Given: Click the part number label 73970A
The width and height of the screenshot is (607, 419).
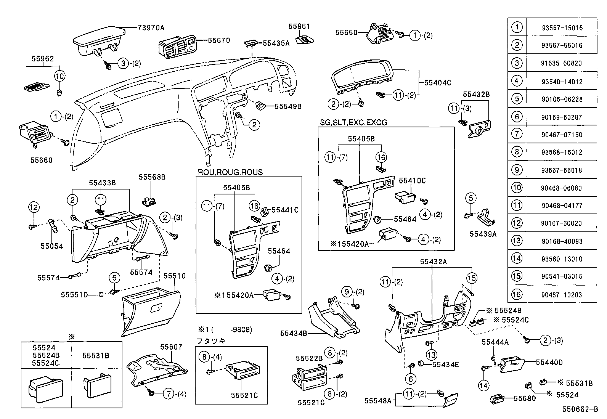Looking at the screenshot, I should [151, 27].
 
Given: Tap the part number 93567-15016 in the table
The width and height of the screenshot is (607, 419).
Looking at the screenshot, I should [562, 28].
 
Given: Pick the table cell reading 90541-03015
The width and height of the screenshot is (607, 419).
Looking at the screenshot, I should [562, 276].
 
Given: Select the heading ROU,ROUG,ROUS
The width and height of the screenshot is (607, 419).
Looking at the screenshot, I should [230, 172].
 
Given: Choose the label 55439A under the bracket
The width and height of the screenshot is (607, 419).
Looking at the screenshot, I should [483, 234].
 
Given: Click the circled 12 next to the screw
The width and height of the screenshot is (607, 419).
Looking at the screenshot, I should [34, 207].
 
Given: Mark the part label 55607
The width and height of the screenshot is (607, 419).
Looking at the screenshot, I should [171, 347].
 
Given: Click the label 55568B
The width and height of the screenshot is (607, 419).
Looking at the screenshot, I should [152, 177].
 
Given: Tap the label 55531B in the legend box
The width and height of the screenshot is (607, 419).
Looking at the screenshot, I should [96, 355].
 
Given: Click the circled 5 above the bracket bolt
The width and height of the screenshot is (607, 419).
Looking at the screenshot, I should [471, 198].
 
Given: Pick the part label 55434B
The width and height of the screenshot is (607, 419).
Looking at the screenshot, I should [294, 334].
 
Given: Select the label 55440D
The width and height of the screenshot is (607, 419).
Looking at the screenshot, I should [549, 362].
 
